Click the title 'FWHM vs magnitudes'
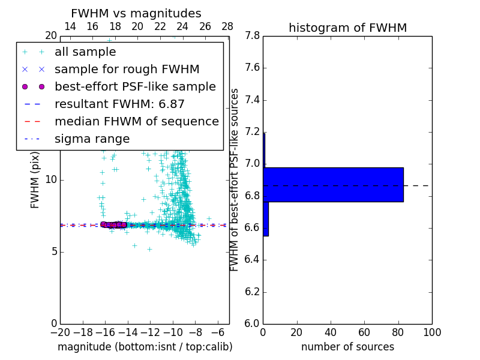pos(136,13)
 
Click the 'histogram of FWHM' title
pos(347,28)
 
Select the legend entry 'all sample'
pos(85,52)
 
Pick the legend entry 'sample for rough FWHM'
pos(127,70)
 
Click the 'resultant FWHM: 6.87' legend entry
pos(119,104)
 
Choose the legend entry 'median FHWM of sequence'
pos(136,121)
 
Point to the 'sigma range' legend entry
pos(92,139)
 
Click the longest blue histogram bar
pos(333,184)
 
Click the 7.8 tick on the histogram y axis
pos(253,36)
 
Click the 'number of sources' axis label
pos(347,347)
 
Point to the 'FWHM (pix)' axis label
pos(35,179)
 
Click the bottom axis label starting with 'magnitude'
pos(145,347)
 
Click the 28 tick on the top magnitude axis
pos(227,26)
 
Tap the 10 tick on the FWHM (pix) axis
pos(50,180)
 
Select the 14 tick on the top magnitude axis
pos(70,26)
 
